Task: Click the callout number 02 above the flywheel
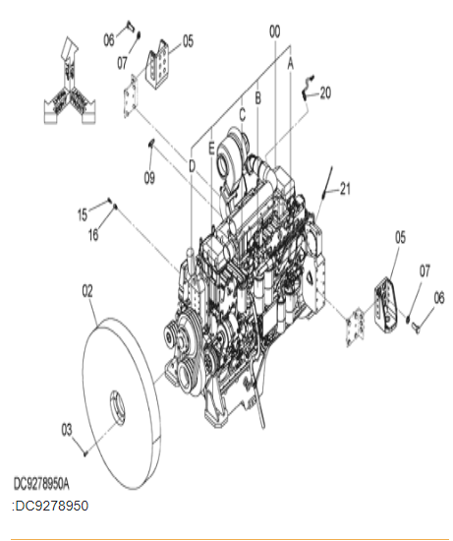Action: point(87,291)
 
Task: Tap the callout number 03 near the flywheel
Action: point(67,430)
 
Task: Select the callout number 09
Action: point(149,178)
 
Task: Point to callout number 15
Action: point(83,214)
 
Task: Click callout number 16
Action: point(93,235)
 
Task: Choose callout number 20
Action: point(325,92)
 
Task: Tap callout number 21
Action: point(345,189)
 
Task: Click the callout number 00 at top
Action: point(274,31)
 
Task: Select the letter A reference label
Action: point(291,64)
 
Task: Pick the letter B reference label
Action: point(257,98)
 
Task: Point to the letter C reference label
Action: point(243,115)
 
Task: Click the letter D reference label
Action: point(192,166)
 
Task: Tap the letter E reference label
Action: point(211,149)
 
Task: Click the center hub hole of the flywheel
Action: point(118,408)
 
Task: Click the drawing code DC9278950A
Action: point(41,484)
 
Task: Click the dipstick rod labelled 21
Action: point(327,182)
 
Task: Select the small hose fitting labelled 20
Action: point(307,88)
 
